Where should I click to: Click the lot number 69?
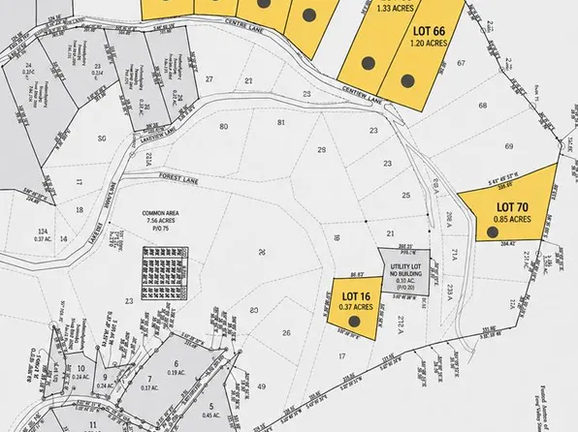(507, 145)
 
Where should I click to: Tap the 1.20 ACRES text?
(426, 44)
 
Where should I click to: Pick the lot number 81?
(282, 121)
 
